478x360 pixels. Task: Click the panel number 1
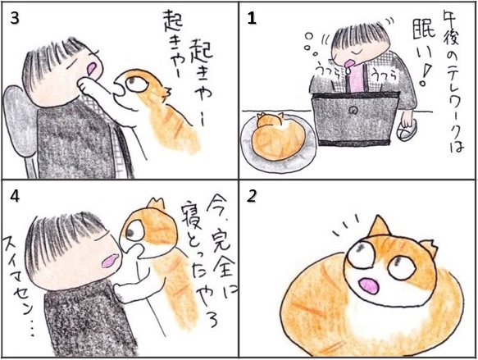click(252, 19)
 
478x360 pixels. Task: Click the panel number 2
click(252, 197)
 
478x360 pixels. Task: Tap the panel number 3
click(15, 19)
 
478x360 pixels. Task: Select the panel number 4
click(15, 197)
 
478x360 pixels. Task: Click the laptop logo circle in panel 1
click(354, 111)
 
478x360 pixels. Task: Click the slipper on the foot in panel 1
click(407, 132)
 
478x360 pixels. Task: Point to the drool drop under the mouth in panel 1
click(348, 71)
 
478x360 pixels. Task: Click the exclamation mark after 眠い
click(425, 74)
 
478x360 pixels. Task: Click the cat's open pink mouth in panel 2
click(368, 286)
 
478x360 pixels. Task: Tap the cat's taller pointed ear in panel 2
click(378, 226)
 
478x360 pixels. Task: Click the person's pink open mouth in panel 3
click(92, 69)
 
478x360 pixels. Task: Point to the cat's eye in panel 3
click(134, 83)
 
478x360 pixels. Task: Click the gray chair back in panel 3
click(19, 122)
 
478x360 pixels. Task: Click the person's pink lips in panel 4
click(110, 260)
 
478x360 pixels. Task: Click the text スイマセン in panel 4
click(19, 274)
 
